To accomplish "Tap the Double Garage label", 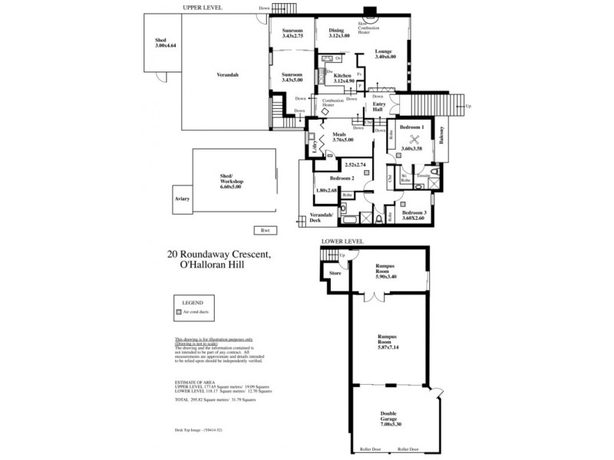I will (389, 419).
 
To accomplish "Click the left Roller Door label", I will (361, 449).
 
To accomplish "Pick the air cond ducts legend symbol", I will (178, 314).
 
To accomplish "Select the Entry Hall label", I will (378, 107).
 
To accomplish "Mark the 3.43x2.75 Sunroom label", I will (292, 33).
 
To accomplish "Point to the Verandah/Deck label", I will (321, 218).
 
